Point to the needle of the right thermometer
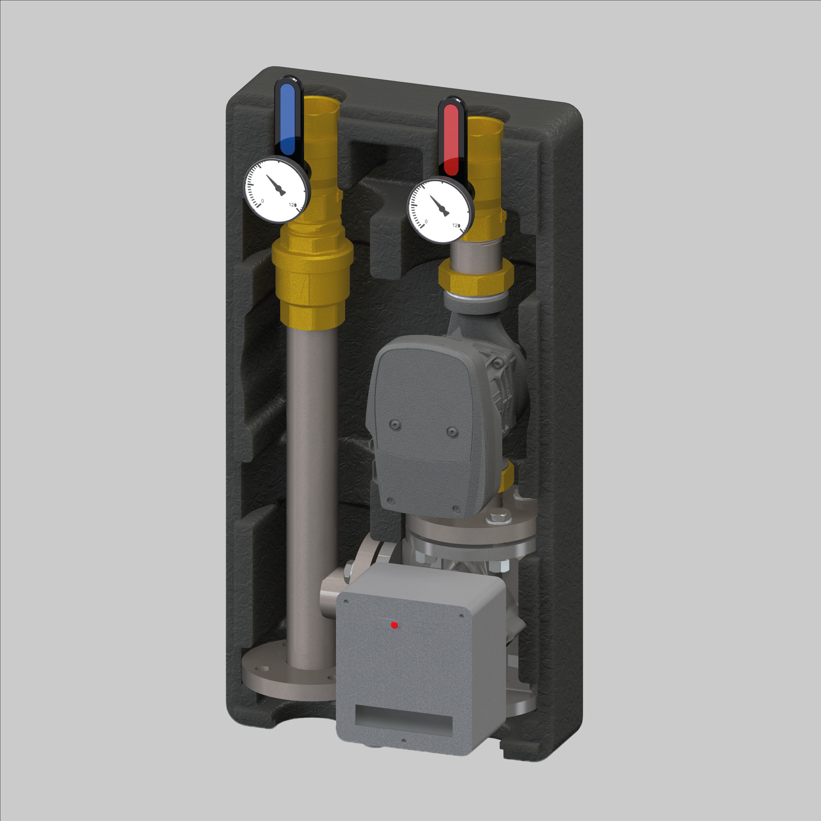(x=439, y=206)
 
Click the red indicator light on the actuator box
(x=394, y=625)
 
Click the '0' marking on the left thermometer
(x=262, y=201)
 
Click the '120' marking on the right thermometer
(x=456, y=225)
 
